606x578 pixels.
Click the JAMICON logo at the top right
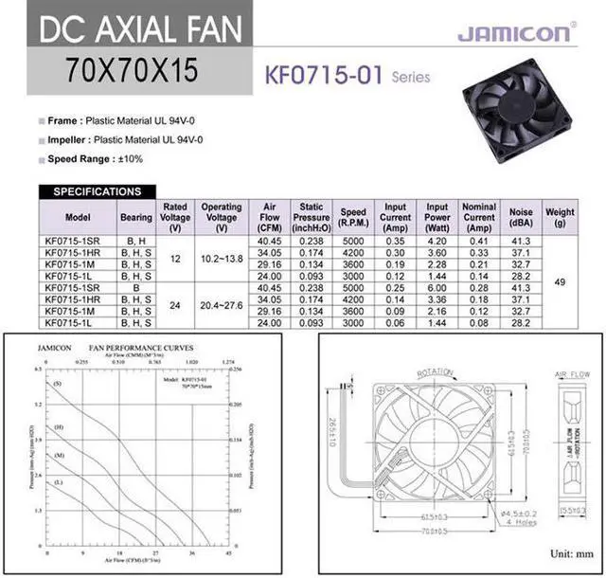pos(515,34)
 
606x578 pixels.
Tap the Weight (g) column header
pos(561,217)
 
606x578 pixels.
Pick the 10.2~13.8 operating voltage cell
pos(222,259)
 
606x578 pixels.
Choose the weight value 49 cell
pos(561,281)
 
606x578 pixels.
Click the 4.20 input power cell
pos(437,242)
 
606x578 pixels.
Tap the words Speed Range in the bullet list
pos(74,159)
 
